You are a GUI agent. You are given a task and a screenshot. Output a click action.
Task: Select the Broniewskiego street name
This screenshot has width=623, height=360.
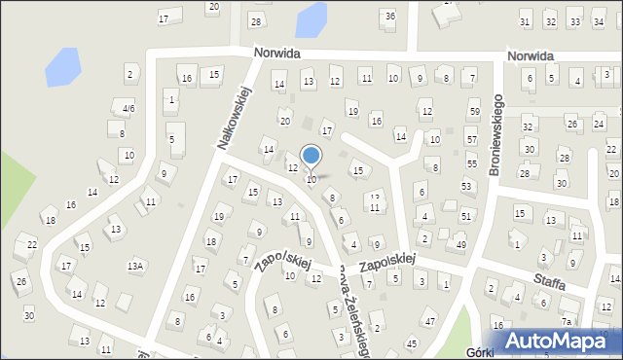point(495,134)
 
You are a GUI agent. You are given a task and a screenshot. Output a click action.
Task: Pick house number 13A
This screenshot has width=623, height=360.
point(135,266)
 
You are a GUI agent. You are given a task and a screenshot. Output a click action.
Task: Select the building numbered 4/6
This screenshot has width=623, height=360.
point(128,108)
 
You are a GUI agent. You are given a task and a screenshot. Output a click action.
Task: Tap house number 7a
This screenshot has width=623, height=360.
point(566,321)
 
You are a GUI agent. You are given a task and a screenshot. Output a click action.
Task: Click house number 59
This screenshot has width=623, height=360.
point(473,112)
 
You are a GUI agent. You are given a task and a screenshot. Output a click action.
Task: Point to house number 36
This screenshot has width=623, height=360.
point(389,16)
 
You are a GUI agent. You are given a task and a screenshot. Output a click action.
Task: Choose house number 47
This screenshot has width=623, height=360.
point(429,321)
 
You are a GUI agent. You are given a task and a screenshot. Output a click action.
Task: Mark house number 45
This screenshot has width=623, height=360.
point(412,343)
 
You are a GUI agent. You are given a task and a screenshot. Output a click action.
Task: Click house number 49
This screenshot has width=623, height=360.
point(460,244)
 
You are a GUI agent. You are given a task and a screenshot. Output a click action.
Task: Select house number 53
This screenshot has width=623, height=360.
point(466,186)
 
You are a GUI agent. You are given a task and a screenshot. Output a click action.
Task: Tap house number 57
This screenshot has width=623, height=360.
point(471,139)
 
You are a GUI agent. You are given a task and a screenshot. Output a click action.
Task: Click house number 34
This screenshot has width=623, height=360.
point(600,21)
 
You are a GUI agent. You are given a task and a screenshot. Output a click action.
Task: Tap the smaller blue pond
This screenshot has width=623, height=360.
point(311,18)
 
